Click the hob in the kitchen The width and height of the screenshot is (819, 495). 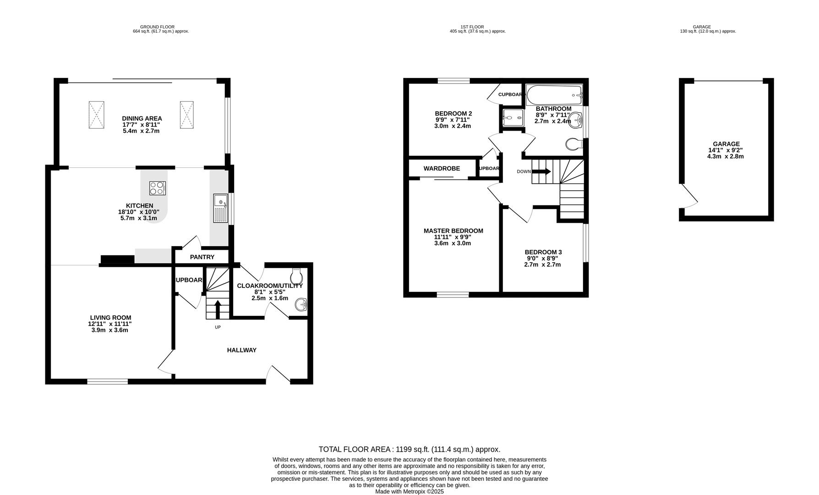click(x=158, y=188)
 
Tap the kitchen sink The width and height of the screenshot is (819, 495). click(x=221, y=208)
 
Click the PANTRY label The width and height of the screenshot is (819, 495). click(x=202, y=257)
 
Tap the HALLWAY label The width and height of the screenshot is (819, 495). click(x=242, y=350)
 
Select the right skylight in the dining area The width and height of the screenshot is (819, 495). click(x=186, y=115)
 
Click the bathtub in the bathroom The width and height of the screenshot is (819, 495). click(x=553, y=95)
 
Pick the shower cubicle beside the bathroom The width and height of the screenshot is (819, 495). click(x=513, y=118)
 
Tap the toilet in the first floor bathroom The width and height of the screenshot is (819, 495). click(x=573, y=144)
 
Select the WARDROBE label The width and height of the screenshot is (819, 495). click(x=442, y=169)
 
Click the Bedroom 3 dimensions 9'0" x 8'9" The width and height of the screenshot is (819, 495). click(x=543, y=258)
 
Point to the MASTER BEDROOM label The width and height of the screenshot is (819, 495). click(x=453, y=231)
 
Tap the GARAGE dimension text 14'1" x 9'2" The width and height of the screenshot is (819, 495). click(x=726, y=150)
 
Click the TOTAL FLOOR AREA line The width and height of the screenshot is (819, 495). click(x=409, y=450)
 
